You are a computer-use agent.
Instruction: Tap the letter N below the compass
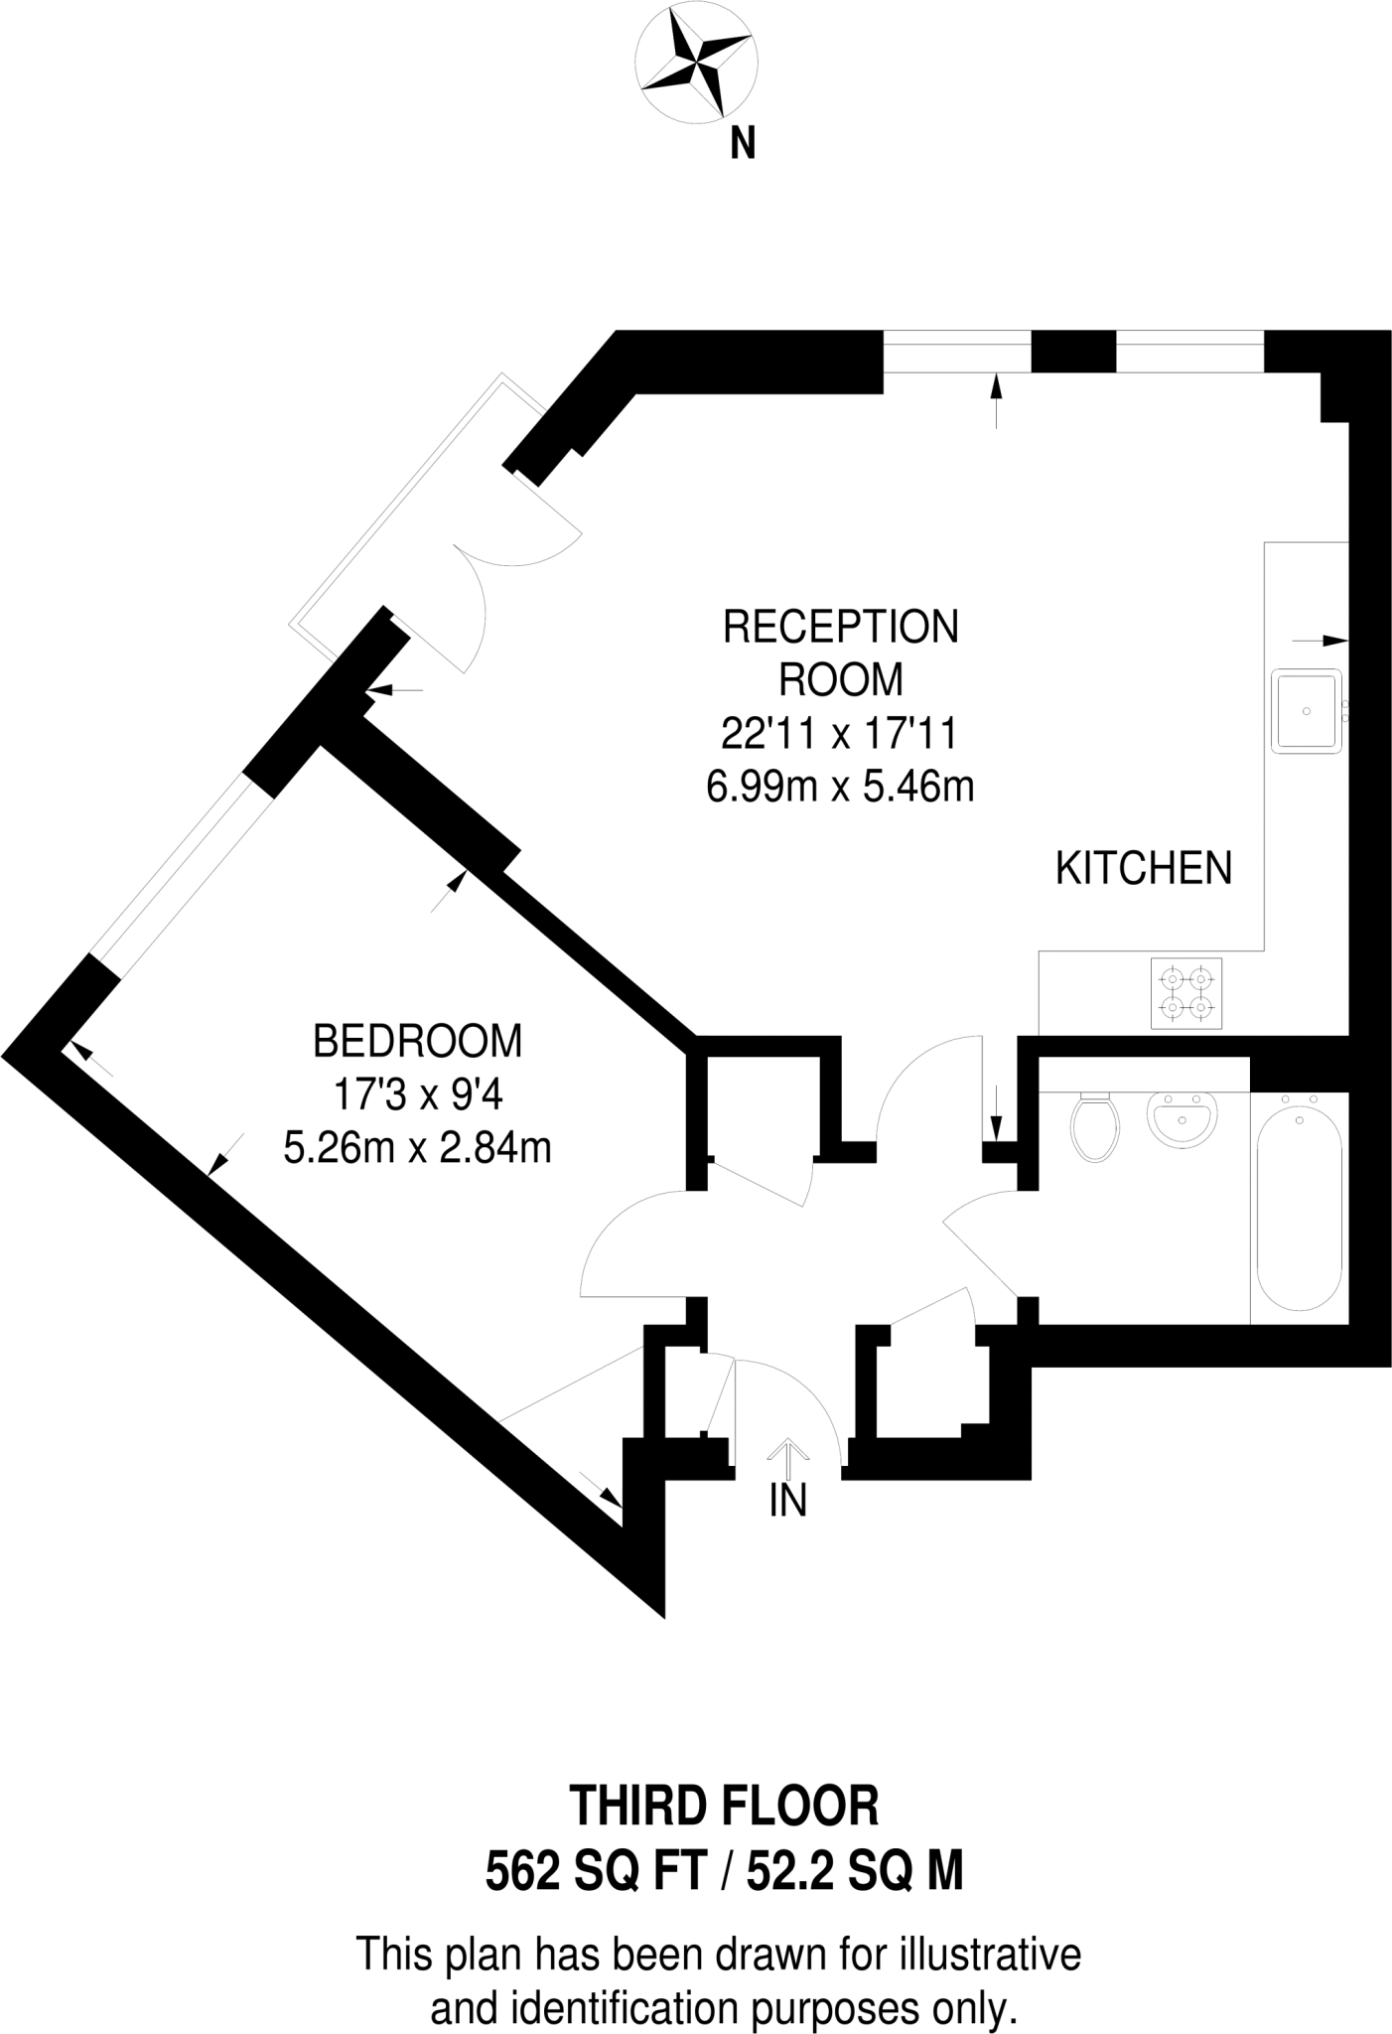coord(743,145)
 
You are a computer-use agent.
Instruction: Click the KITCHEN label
coord(1143,869)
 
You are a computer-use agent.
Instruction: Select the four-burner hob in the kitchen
coord(1186,994)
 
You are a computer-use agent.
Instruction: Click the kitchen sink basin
coord(1307,710)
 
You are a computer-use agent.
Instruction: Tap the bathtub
coord(1299,1212)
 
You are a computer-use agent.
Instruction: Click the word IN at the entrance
coord(788,1501)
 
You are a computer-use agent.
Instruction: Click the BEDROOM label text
coord(417,1042)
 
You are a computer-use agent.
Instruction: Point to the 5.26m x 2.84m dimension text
coord(417,1149)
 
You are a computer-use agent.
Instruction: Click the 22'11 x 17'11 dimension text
coord(839,735)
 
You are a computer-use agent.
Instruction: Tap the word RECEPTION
coord(841,628)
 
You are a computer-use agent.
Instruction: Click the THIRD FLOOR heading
coord(724,1807)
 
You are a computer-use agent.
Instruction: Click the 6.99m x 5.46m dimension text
coord(839,788)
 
